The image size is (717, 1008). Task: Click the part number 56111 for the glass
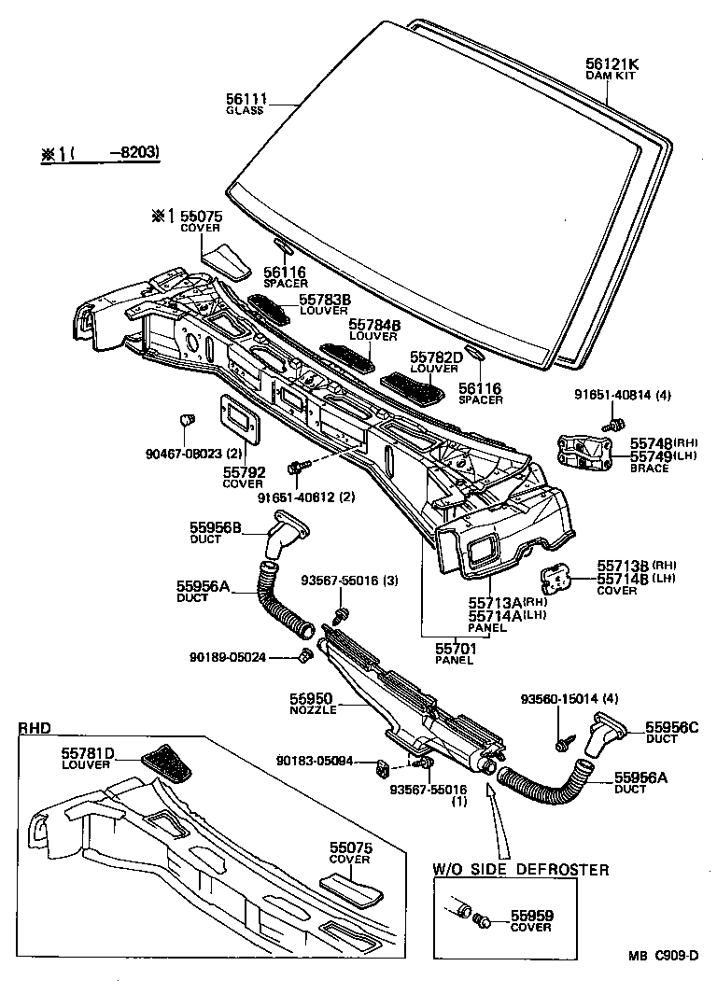pyautogui.click(x=246, y=97)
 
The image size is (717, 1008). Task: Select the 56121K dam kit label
pyautogui.click(x=612, y=63)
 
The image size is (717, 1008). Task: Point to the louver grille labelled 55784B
pyautogui.click(x=345, y=352)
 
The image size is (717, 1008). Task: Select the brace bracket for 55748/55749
pyautogui.click(x=582, y=451)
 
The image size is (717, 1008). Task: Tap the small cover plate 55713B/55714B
pyautogui.click(x=562, y=579)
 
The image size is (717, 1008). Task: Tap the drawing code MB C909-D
pyautogui.click(x=663, y=955)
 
